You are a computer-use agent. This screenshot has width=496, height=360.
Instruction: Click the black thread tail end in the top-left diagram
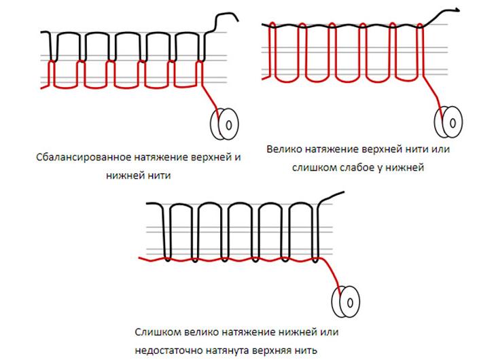pyautogui.click(x=235, y=18)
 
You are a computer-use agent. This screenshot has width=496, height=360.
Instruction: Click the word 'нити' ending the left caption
pyautogui.click(x=156, y=175)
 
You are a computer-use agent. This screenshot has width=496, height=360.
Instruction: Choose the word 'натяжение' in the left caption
pyautogui.click(x=149, y=157)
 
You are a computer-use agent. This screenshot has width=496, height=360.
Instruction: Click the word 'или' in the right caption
pyautogui.click(x=441, y=149)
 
